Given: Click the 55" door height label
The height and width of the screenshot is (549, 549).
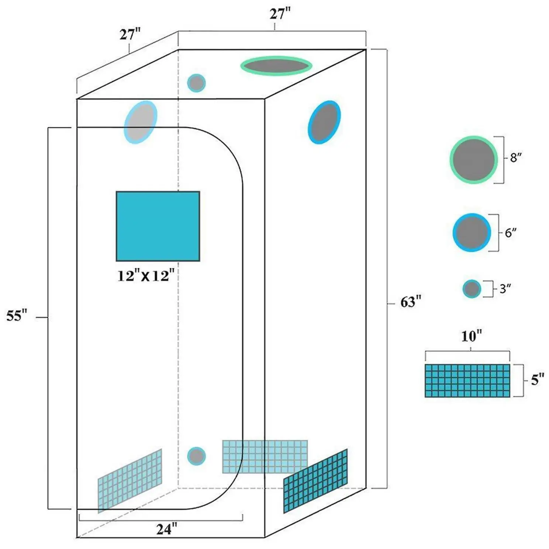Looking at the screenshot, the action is click(17, 316).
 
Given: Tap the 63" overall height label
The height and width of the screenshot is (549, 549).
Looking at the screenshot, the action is click(411, 302).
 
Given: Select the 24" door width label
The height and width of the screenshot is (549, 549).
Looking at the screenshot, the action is click(166, 529).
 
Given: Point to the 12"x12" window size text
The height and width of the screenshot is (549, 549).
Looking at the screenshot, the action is click(146, 276).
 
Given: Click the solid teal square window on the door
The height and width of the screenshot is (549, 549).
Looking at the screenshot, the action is click(158, 226).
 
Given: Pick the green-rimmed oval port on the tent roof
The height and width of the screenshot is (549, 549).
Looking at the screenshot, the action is click(276, 66).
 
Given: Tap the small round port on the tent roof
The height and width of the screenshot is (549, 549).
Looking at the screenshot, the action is click(196, 83).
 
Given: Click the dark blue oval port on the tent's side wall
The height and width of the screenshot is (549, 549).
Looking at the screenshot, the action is click(324, 122).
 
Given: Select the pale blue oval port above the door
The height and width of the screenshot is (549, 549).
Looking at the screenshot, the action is click(141, 122).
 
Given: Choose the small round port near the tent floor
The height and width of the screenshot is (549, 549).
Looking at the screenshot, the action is click(196, 456).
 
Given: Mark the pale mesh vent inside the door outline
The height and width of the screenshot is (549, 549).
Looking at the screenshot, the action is click(130, 481).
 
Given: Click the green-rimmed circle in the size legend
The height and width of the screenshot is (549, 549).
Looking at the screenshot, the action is click(473, 160).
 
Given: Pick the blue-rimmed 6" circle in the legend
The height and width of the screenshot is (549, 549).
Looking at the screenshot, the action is click(472, 233).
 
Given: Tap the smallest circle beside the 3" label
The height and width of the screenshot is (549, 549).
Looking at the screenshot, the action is click(472, 289).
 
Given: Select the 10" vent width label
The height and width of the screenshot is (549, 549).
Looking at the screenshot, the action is click(472, 336).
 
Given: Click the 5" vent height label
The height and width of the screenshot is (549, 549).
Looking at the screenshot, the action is click(538, 380).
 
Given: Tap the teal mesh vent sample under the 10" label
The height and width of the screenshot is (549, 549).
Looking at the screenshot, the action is click(467, 381).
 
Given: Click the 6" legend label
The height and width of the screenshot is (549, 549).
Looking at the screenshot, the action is click(511, 233).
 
